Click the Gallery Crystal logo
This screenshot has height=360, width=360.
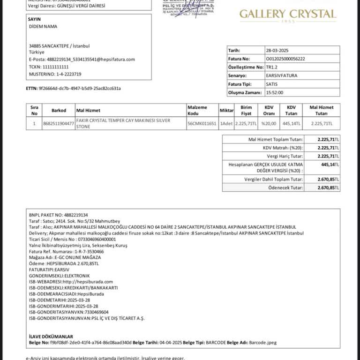pos(288,15)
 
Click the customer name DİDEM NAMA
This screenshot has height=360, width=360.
pos(43,27)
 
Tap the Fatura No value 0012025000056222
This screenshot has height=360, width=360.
pos(285,59)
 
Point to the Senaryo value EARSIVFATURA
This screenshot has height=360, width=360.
pos(281,75)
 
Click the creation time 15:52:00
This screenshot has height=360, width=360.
pos(274,92)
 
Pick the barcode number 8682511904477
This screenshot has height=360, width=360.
pos(58,124)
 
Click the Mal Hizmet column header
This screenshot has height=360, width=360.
pos(88,111)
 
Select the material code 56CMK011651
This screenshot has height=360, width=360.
pos(202,124)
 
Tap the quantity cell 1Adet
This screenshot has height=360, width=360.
pos(226,124)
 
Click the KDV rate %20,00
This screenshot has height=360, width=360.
pos(269,124)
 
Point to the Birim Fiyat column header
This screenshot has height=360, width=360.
pos(246,111)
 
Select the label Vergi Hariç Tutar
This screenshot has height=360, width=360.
pos(285,156)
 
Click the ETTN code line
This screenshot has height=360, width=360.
pos(73,88)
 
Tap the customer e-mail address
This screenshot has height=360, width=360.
pos(82,60)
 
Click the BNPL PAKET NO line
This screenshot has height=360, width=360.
pos(59,215)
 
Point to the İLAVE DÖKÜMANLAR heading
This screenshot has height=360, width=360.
pos(51,337)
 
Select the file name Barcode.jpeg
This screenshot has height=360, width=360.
pos(263,343)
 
